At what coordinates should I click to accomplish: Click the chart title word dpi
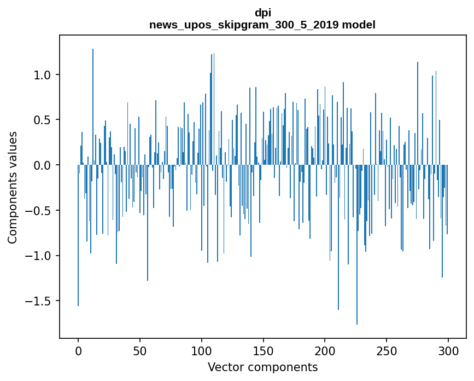tap(262, 13)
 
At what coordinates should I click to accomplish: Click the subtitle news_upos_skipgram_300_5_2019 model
tap(262, 25)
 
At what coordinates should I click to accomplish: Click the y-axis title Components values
tap(13, 187)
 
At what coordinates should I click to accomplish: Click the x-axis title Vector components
tap(262, 367)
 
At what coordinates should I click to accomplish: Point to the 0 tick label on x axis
tap(78, 350)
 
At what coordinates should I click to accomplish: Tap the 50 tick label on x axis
tap(140, 350)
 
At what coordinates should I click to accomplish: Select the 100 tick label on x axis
tap(202, 350)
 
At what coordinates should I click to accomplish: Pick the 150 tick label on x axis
tap(263, 350)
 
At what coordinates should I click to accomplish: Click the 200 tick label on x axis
tap(325, 350)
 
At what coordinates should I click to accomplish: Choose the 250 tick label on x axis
tap(387, 350)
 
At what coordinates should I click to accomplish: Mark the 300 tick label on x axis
tap(448, 350)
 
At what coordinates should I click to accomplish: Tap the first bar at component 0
tap(78, 235)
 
